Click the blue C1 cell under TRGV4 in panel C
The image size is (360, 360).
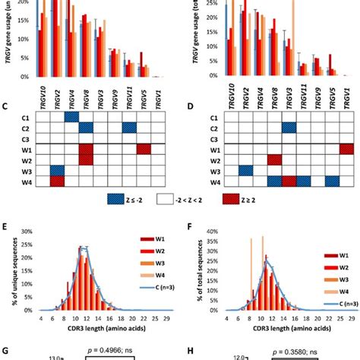pos(71,117)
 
